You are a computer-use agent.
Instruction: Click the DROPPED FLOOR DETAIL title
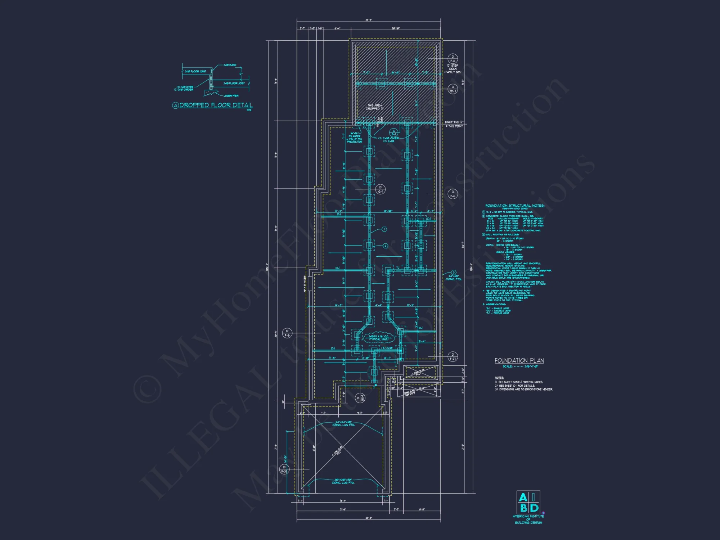(216, 105)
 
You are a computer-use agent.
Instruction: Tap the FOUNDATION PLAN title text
(519, 360)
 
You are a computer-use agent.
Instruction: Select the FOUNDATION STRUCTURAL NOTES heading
(514, 206)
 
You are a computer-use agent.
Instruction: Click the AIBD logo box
(528, 502)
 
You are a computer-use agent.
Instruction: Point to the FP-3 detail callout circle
(453, 89)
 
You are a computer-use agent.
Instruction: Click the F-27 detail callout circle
(453, 356)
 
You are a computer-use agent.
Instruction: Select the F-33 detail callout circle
(284, 469)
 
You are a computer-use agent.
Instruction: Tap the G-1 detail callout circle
(380, 189)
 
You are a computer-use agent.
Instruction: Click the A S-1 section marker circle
(394, 132)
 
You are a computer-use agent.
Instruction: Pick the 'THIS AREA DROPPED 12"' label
(375, 107)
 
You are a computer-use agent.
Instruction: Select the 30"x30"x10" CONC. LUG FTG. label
(343, 481)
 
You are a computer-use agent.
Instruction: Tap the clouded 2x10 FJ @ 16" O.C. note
(378, 338)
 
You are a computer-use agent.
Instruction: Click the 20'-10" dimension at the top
(395, 28)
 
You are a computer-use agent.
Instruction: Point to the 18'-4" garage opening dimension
(343, 501)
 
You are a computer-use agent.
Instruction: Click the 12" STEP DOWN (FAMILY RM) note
(453, 68)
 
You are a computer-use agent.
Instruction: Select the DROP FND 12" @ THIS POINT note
(454, 124)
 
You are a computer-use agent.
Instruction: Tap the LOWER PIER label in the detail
(231, 96)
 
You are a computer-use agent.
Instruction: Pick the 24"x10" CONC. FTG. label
(453, 278)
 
